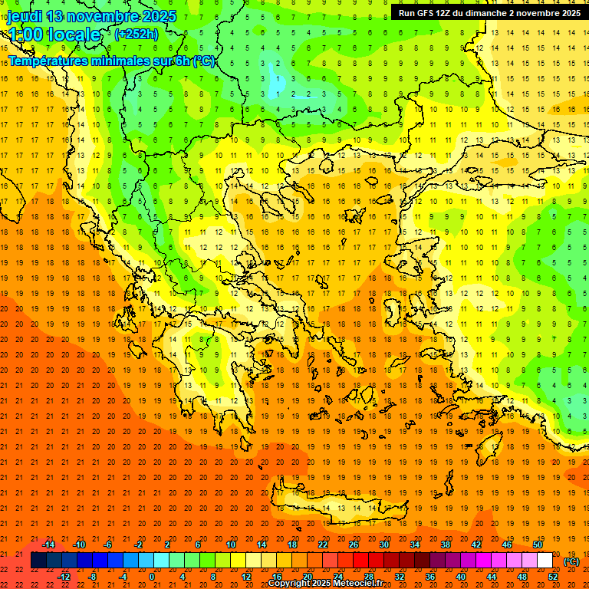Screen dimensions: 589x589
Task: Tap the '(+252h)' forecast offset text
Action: tap(136, 34)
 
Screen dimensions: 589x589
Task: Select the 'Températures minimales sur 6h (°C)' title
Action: tap(111, 61)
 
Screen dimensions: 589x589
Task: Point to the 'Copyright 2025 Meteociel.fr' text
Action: tap(325, 584)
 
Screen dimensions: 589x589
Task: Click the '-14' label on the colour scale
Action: tap(48, 545)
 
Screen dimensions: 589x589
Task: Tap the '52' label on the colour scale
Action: tap(553, 577)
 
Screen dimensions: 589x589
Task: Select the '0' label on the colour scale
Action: tap(151, 577)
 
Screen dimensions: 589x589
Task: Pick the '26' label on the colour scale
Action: tap(354, 545)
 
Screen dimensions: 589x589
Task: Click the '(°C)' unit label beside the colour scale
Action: tap(571, 561)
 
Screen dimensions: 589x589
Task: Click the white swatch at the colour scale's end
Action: tap(545, 561)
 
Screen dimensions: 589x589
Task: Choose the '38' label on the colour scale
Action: tap(445, 545)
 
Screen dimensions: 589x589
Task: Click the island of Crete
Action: tap(337, 506)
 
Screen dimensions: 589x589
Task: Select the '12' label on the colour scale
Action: tap(246, 577)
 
